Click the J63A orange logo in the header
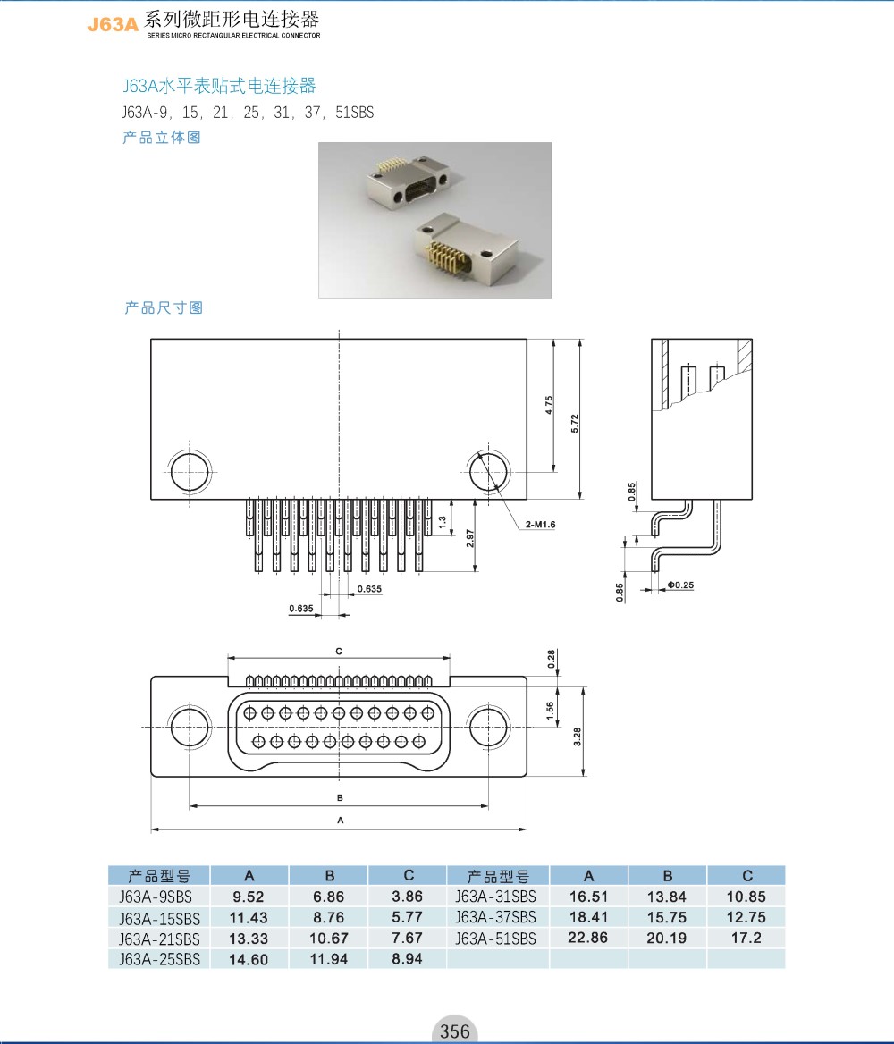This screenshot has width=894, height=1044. [x=113, y=25]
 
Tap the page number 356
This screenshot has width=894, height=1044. [x=454, y=1031]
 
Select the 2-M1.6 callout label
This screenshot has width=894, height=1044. [x=541, y=525]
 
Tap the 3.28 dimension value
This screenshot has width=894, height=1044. [x=578, y=737]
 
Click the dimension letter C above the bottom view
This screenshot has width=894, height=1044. [x=340, y=652]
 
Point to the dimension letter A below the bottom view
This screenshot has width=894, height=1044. [x=340, y=820]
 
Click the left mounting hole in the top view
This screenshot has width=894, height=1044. [x=191, y=470]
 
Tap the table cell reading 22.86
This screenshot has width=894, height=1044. [x=588, y=938]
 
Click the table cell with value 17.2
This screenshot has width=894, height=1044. [x=746, y=938]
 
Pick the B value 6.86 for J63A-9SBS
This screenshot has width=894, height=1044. [x=327, y=897]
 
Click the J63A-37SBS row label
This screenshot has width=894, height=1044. [x=496, y=917]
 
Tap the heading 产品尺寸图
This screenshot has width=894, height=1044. [x=164, y=307]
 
